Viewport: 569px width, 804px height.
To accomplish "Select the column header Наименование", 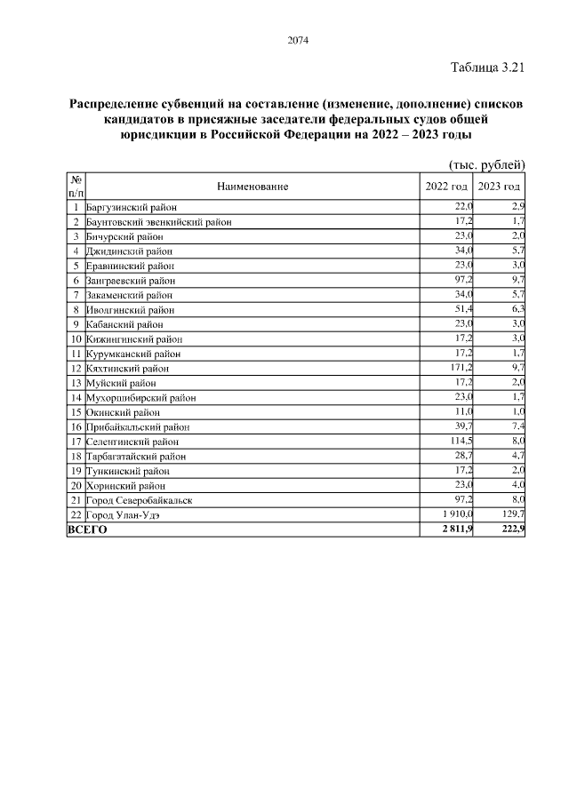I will [x=252, y=187].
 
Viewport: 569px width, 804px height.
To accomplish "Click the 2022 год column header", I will [x=447, y=187].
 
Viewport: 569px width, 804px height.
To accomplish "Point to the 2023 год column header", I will [x=499, y=187].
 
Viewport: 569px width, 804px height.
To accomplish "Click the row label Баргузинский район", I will [x=130, y=207].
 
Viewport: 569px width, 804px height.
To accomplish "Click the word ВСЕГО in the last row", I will [x=87, y=529].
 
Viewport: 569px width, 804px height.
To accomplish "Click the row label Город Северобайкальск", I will [x=140, y=500].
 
